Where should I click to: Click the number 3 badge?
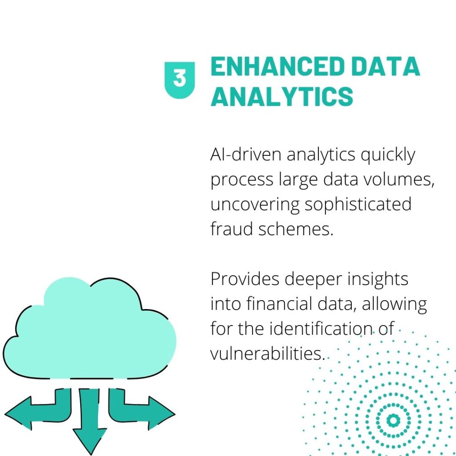point(179,79)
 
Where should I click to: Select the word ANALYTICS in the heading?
point(281,96)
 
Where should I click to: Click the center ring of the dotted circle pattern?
point(392,420)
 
